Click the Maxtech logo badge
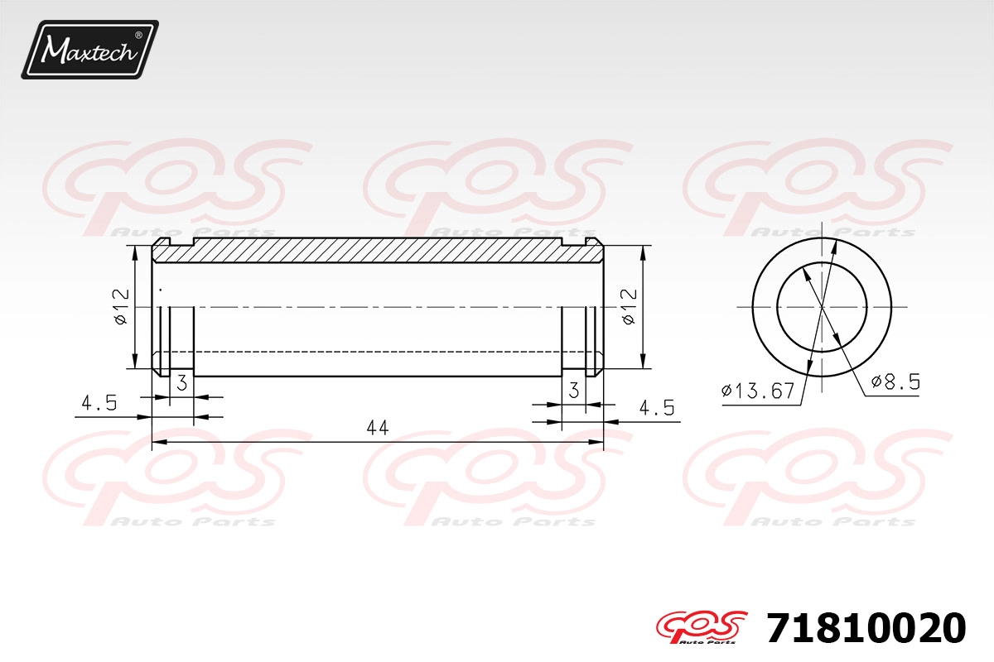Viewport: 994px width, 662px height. [x=90, y=50]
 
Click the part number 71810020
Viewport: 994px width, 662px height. [x=866, y=628]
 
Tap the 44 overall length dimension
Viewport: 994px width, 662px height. [x=378, y=428]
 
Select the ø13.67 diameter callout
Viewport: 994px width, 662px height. [x=758, y=391]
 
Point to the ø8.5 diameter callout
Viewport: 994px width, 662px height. [x=895, y=381]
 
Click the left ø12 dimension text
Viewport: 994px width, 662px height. [x=121, y=307]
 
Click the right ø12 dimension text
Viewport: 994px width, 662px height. [x=630, y=307]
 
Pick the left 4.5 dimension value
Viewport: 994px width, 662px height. [x=99, y=403]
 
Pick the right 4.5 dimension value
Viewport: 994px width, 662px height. [x=657, y=407]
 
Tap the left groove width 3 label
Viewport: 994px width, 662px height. [x=182, y=382]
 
